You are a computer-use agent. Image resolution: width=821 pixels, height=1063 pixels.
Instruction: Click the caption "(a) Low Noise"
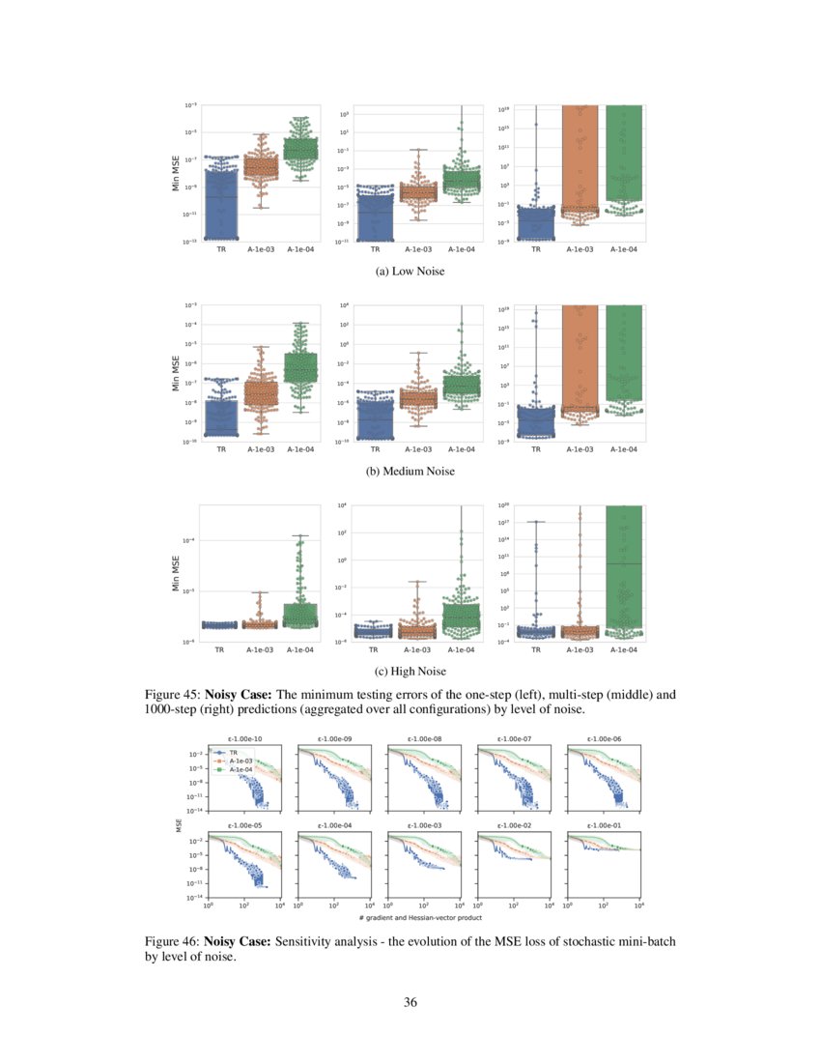pyautogui.click(x=410, y=272)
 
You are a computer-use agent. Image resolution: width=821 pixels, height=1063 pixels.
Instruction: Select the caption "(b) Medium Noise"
pyautogui.click(x=410, y=472)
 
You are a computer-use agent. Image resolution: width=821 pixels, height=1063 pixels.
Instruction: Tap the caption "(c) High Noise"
pyautogui.click(x=410, y=671)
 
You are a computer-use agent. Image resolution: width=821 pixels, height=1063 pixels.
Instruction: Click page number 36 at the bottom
pyautogui.click(x=410, y=1002)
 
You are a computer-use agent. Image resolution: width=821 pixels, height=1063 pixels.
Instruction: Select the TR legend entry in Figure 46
pyautogui.click(x=233, y=751)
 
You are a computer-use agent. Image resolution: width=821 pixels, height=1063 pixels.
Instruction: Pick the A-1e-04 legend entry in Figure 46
pyautogui.click(x=237, y=770)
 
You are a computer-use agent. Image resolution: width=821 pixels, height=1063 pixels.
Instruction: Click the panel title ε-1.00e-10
pyautogui.click(x=244, y=739)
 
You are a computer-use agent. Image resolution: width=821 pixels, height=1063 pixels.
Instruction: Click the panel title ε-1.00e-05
pyautogui.click(x=244, y=826)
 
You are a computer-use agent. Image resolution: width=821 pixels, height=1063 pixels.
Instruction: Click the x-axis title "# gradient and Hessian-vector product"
pyautogui.click(x=424, y=917)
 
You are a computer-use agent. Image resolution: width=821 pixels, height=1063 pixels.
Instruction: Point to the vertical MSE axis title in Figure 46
pyautogui.click(x=179, y=825)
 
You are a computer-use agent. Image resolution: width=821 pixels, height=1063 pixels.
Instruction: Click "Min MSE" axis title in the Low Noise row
pyautogui.click(x=175, y=173)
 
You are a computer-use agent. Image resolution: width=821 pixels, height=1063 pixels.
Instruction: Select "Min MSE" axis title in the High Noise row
pyautogui.click(x=175, y=572)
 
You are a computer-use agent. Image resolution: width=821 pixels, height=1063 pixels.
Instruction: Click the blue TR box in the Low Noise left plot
pyautogui.click(x=221, y=203)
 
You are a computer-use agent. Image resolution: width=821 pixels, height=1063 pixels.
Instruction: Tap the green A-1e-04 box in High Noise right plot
pyautogui.click(x=623, y=570)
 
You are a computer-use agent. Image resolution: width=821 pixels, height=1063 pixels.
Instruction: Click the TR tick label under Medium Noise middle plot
pyautogui.click(x=376, y=449)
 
